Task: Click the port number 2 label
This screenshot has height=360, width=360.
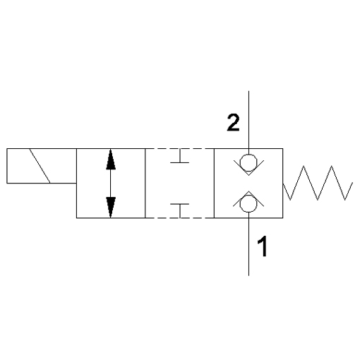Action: tap(233, 122)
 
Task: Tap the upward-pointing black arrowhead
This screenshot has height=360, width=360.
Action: tap(111, 160)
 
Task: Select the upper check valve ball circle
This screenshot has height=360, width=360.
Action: tap(248, 163)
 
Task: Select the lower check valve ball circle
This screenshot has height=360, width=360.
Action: tap(248, 203)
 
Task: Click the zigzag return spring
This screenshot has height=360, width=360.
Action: tap(318, 183)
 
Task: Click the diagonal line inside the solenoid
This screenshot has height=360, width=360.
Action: tap(40, 166)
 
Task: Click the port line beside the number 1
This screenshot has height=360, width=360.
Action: tap(249, 244)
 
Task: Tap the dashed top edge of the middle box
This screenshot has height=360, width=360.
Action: tap(180, 148)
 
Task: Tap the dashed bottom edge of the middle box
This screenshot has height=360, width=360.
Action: tap(180, 218)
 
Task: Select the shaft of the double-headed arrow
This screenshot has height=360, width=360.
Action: tap(111, 184)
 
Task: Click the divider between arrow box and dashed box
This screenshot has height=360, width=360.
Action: tap(145, 184)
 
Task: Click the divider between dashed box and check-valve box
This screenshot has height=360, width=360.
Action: tap(215, 184)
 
